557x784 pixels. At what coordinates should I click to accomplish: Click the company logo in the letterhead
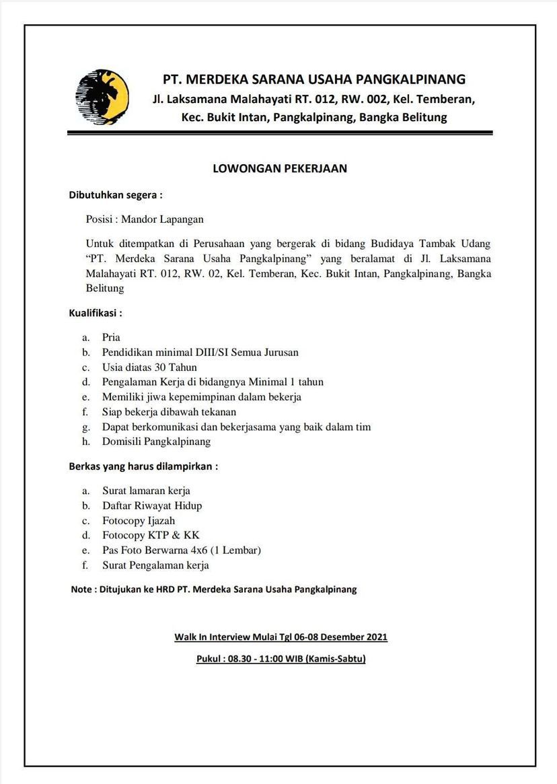click(x=102, y=98)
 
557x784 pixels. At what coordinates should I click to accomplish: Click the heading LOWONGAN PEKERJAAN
click(x=280, y=168)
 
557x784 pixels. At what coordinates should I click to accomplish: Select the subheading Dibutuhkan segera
click(x=116, y=196)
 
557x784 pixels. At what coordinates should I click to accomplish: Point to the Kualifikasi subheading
click(x=96, y=313)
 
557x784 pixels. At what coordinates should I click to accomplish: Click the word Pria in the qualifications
click(x=111, y=337)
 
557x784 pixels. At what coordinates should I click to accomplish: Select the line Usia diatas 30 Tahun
click(x=149, y=367)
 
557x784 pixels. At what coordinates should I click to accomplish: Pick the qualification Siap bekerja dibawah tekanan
click(x=169, y=411)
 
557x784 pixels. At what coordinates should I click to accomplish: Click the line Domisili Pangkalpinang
click(x=156, y=441)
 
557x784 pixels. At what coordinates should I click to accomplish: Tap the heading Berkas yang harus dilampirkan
click(x=143, y=466)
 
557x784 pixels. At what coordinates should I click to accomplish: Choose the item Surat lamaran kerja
click(x=146, y=491)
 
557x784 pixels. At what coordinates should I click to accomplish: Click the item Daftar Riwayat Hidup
click(x=151, y=505)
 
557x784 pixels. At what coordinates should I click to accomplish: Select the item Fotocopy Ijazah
click(x=139, y=520)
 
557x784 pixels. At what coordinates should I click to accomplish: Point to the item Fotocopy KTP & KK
click(x=146, y=535)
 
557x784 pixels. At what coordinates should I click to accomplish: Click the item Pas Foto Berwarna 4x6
click(x=181, y=550)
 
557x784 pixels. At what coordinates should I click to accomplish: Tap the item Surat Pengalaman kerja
click(x=155, y=565)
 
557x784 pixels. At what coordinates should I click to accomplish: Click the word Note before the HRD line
click(x=82, y=590)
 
